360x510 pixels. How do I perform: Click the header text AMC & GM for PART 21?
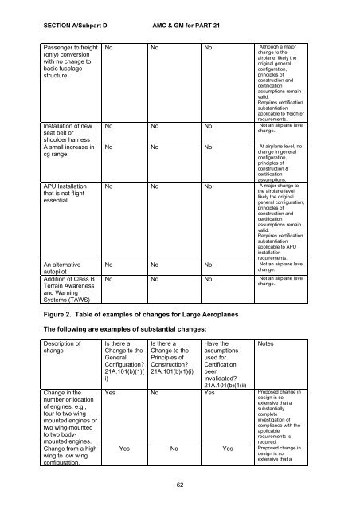click(x=186, y=25)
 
